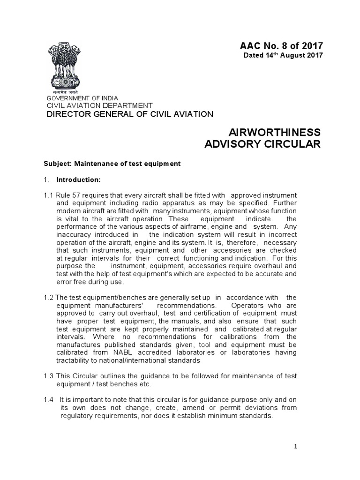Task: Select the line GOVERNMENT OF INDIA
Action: pos(81,97)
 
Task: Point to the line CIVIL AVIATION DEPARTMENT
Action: pos(98,105)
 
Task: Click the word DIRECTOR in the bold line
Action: pos(67,114)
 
